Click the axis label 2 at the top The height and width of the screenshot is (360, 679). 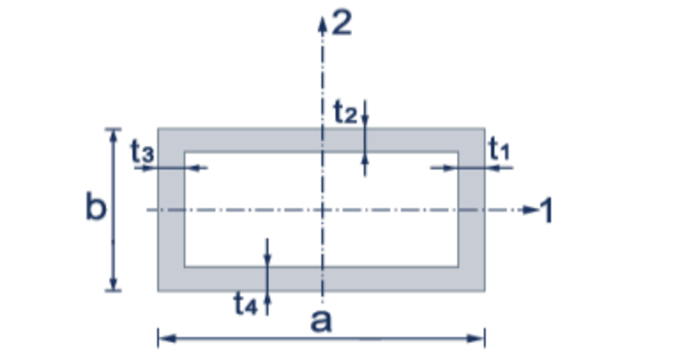pos(341,22)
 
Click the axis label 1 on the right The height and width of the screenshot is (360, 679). pos(547,210)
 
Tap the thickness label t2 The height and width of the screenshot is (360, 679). pos(344,112)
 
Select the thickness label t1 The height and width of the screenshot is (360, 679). pos(500,149)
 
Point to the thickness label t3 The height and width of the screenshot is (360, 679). pos(143,151)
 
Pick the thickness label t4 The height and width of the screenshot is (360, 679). pos(245,304)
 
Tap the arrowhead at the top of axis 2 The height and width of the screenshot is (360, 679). pos(323,20)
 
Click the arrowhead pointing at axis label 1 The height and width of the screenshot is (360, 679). pos(529,210)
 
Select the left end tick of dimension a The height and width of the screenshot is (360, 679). pos(158,336)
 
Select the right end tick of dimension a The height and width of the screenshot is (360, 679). pos(485,336)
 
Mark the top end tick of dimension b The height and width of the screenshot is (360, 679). pos(112,130)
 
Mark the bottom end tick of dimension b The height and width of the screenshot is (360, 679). pos(112,289)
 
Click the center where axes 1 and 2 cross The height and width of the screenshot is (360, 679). pos(323,210)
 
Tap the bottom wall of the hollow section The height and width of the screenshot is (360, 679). pos(397,279)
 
